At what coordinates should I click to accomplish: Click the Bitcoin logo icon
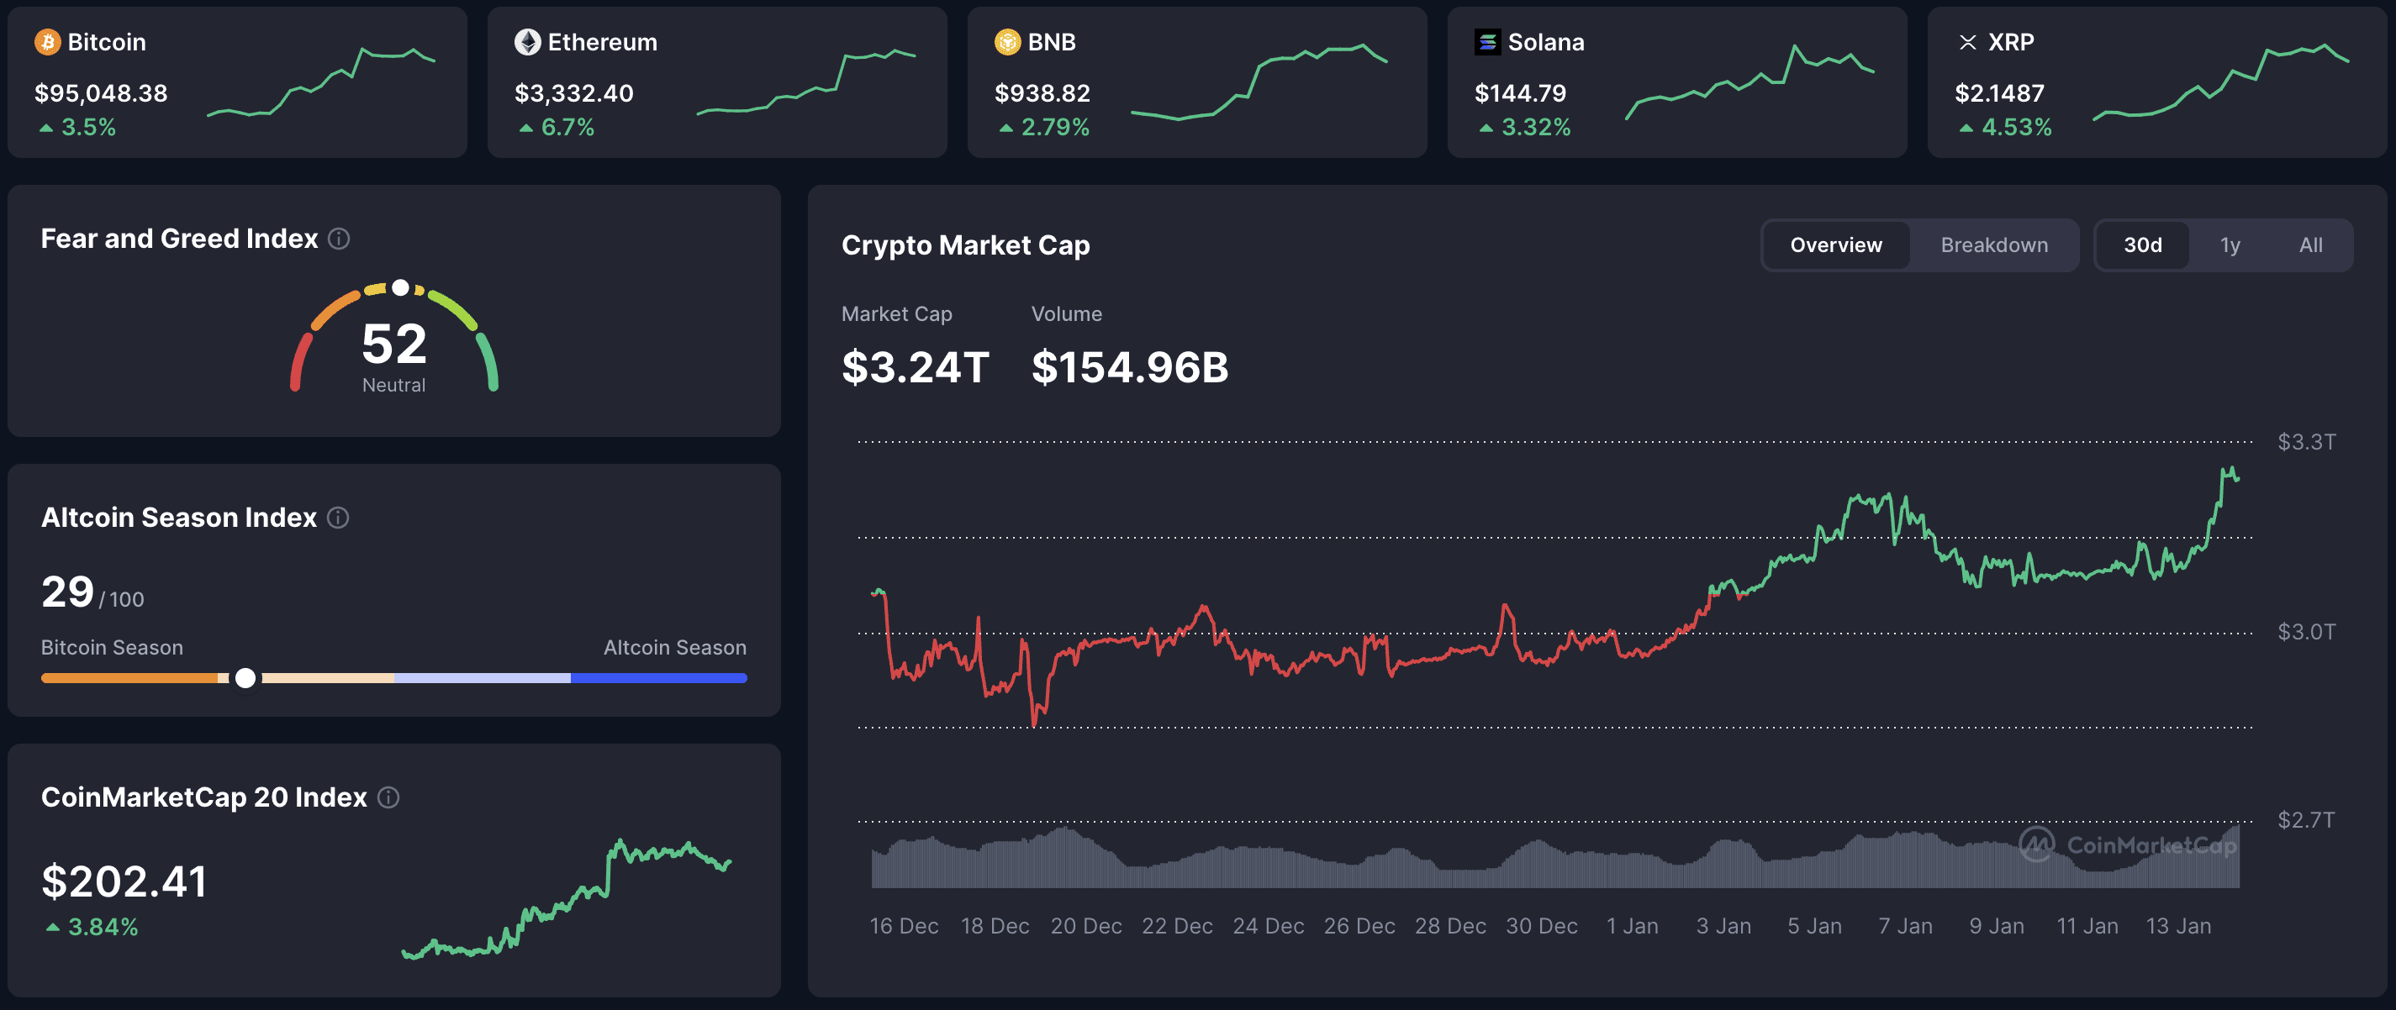click(47, 42)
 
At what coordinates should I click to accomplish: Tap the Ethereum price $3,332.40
click(574, 93)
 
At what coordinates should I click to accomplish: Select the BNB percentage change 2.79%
click(1054, 128)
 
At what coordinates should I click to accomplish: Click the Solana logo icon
click(1487, 42)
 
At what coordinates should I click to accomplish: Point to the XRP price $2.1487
click(1999, 93)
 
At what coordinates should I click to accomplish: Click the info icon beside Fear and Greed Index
click(340, 239)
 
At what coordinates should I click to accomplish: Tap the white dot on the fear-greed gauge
click(400, 287)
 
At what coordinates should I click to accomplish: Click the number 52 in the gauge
click(394, 345)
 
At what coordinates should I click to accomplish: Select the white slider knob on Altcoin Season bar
click(245, 678)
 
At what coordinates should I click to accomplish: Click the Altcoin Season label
click(674, 647)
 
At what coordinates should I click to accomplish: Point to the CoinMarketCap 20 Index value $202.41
click(124, 881)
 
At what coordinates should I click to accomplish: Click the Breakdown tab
click(1993, 245)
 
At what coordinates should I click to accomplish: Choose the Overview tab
click(1835, 245)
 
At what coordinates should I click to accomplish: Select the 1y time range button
click(2230, 245)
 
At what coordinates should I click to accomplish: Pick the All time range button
click(2310, 245)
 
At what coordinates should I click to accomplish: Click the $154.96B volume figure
click(1129, 367)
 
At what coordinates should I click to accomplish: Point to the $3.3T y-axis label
click(2306, 442)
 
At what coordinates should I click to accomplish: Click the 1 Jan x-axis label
click(1633, 926)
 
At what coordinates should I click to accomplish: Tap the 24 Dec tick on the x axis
click(1268, 926)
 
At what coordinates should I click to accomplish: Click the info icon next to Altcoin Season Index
click(339, 518)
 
